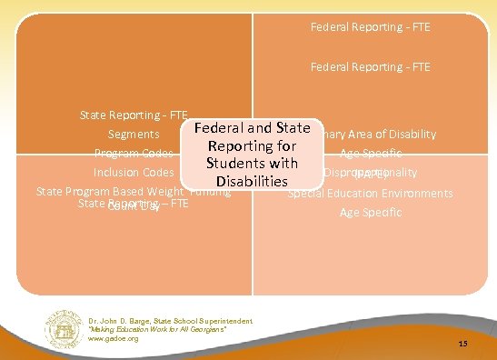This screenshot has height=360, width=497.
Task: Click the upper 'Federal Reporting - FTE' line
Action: pyautogui.click(x=370, y=27)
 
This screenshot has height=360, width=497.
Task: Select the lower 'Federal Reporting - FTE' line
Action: pyautogui.click(x=370, y=66)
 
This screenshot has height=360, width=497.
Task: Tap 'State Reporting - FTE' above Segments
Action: pyautogui.click(x=134, y=115)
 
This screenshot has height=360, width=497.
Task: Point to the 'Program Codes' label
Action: pyautogui.click(x=134, y=153)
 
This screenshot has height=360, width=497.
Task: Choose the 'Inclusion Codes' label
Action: pyautogui.click(x=134, y=172)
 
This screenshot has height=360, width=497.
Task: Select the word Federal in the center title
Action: pyautogui.click(x=224, y=128)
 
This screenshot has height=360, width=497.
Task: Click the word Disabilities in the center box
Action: pyautogui.click(x=252, y=182)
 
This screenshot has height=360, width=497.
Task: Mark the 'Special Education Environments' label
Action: pyautogui.click(x=370, y=194)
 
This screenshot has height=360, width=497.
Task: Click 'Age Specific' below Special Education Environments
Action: pyautogui.click(x=370, y=212)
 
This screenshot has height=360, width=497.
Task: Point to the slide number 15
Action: pyautogui.click(x=462, y=344)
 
